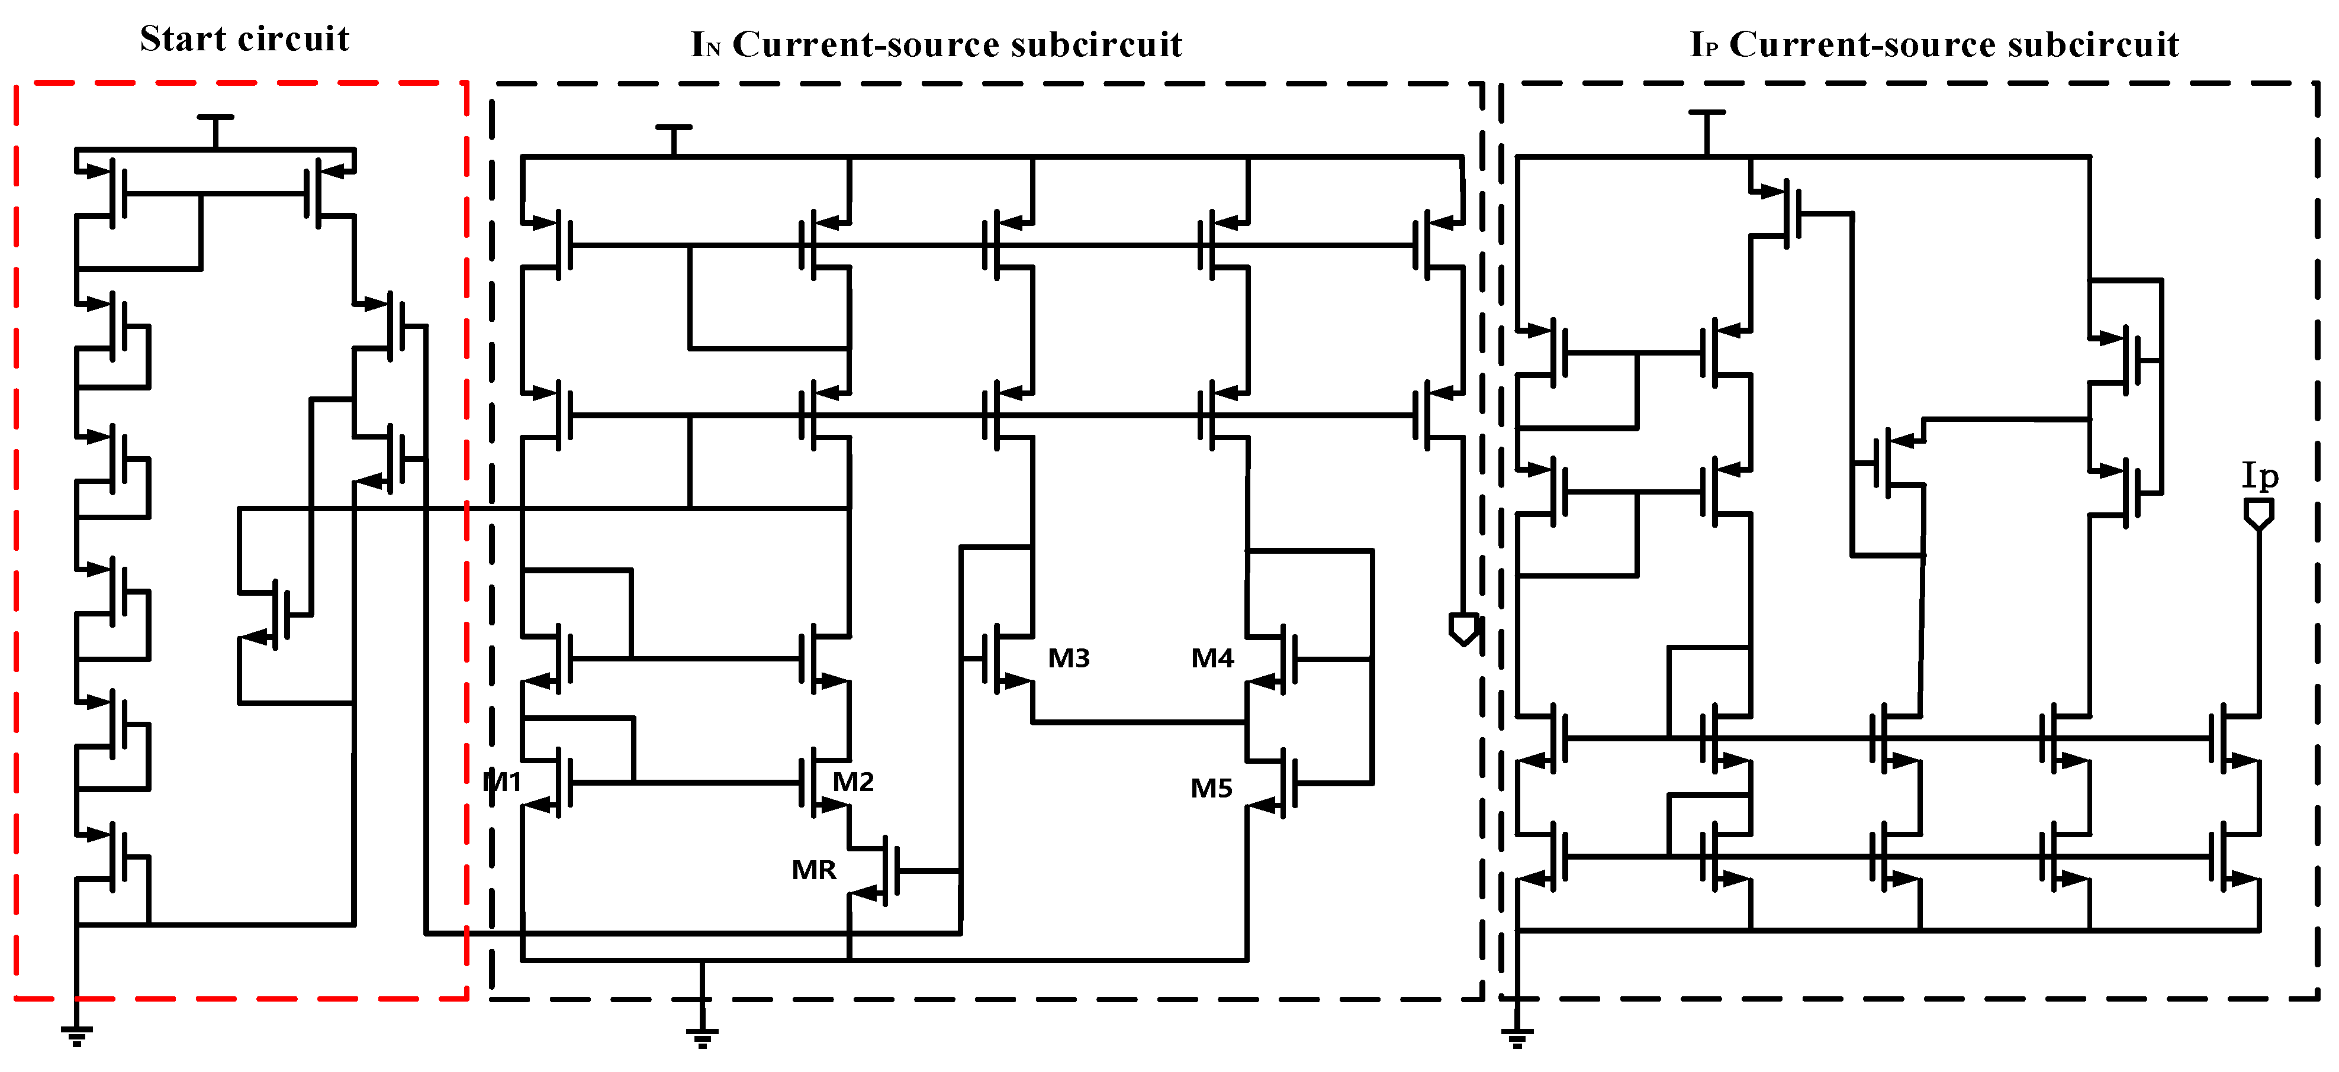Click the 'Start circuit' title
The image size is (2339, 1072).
[244, 39]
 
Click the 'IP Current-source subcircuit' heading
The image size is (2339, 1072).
[1934, 44]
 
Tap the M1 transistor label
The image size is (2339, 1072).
[502, 782]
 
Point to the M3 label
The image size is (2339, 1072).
[1069, 658]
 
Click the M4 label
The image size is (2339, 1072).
[1212, 658]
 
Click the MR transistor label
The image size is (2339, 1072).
[813, 870]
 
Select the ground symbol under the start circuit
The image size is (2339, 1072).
[77, 1035]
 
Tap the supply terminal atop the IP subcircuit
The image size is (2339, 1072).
[1707, 114]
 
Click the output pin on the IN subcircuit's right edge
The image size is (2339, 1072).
[1463, 628]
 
